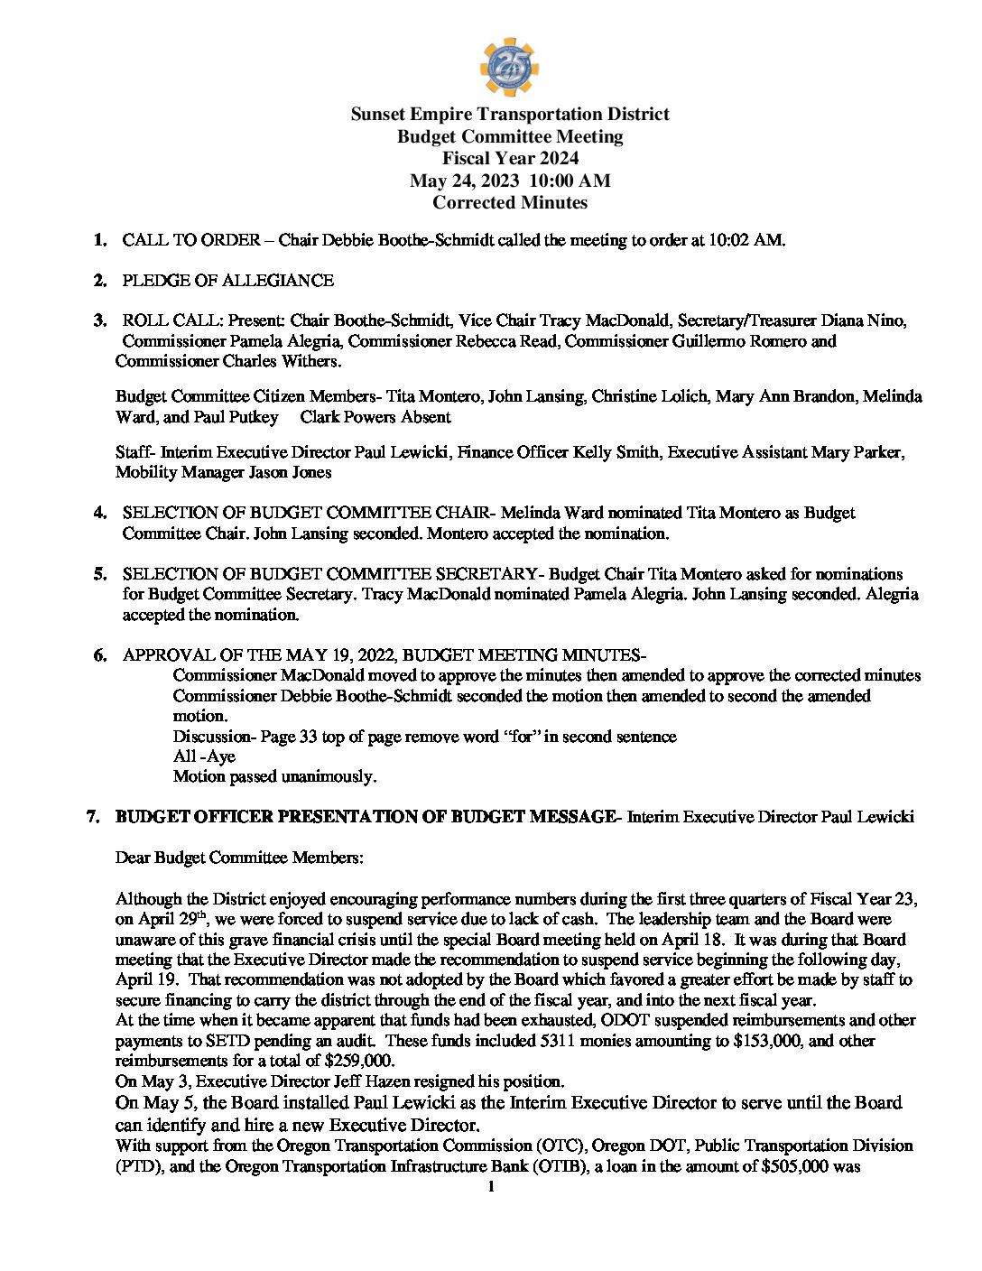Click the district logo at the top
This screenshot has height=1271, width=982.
click(509, 66)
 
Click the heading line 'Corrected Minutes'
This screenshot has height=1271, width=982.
click(510, 203)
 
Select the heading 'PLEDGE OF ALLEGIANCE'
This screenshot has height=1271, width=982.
click(227, 281)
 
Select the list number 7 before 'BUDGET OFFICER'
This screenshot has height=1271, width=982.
click(92, 817)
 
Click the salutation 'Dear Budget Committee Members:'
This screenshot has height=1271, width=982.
click(239, 858)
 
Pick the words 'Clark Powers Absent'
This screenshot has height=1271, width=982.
click(375, 417)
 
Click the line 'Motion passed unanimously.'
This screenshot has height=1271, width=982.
click(274, 776)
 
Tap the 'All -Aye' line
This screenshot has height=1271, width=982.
click(204, 756)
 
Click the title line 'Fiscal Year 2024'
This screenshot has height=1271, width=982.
click(510, 159)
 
